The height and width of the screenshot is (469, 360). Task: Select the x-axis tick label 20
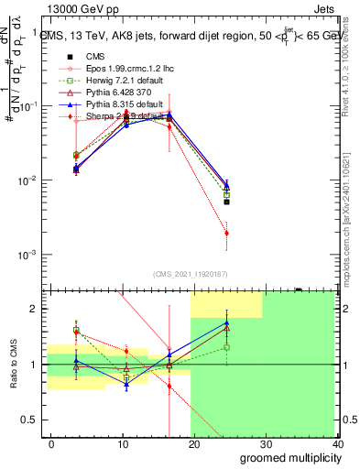[193, 443]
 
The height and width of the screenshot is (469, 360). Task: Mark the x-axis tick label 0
[51, 443]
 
